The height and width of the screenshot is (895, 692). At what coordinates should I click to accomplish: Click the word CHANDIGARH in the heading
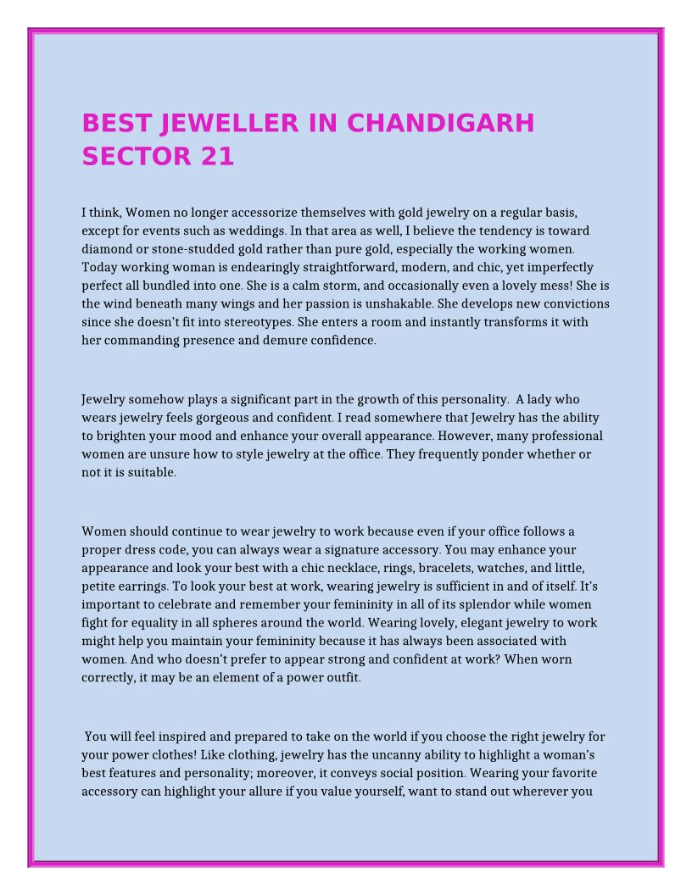pos(441,124)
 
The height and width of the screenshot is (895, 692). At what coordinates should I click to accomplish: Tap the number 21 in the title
pos(217,157)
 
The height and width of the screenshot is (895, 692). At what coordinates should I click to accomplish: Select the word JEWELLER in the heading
pos(229,124)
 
